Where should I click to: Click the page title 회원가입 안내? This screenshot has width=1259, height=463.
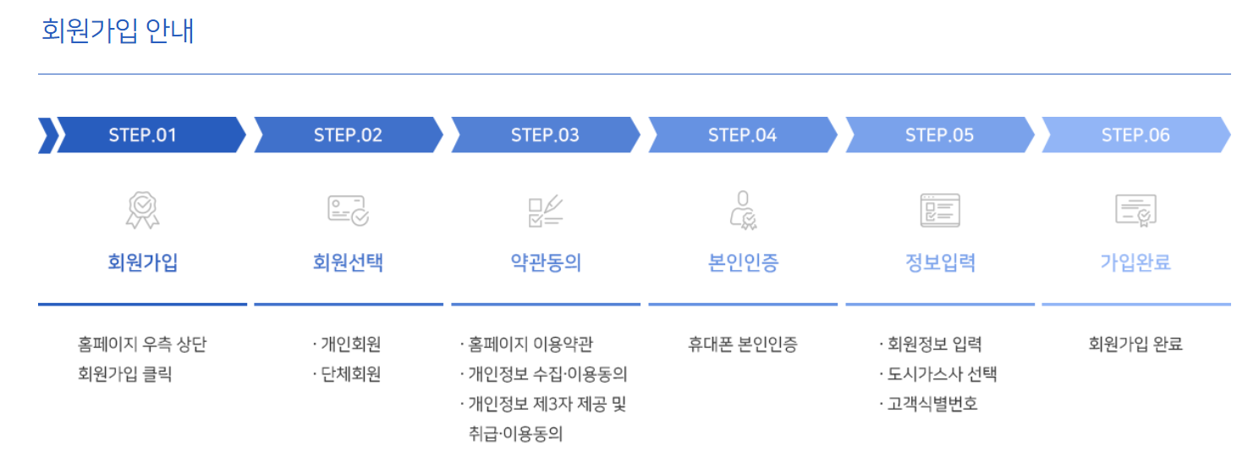(x=118, y=31)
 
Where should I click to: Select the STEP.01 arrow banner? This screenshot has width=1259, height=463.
(x=142, y=135)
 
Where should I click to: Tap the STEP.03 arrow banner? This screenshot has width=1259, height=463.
(x=545, y=135)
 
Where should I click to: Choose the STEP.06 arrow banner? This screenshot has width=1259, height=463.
(x=1135, y=135)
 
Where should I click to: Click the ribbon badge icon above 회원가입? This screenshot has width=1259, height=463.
(x=142, y=210)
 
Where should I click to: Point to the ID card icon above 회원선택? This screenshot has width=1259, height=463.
(x=348, y=210)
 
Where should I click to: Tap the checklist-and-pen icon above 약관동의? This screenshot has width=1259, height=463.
(x=545, y=210)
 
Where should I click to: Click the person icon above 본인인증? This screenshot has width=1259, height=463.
(x=742, y=210)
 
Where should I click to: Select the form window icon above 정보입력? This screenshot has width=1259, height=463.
(x=939, y=210)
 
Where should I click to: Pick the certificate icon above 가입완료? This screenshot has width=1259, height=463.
(x=1135, y=210)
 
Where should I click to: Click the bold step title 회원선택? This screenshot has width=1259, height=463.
(x=348, y=263)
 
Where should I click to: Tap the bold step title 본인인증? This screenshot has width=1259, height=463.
(x=742, y=263)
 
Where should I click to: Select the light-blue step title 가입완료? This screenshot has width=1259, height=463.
(x=1135, y=263)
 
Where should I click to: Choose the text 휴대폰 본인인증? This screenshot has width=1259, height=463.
(x=743, y=344)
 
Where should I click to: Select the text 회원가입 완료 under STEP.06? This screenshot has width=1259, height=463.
(x=1135, y=344)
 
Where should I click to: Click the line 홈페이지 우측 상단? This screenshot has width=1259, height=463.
(x=142, y=344)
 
